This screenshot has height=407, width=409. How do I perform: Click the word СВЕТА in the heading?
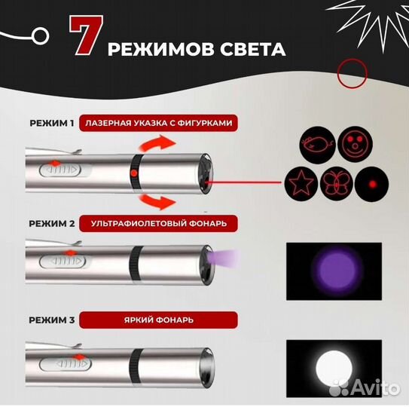click(x=253, y=49)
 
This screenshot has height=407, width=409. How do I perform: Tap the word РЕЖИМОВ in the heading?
click(x=162, y=49)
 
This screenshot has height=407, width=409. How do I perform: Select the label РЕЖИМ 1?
click(x=52, y=123)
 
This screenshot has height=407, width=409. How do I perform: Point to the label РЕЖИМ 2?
click(x=52, y=223)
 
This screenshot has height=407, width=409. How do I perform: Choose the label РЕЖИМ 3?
click(x=52, y=320)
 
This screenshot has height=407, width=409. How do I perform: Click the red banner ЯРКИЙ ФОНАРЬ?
click(x=159, y=320)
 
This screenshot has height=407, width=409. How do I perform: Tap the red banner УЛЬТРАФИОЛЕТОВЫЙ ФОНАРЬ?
click(x=159, y=223)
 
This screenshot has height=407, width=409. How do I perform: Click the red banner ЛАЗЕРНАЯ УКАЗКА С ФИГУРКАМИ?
click(x=159, y=123)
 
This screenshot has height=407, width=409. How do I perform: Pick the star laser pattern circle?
click(x=301, y=184)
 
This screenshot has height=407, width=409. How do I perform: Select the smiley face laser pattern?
click(x=355, y=144)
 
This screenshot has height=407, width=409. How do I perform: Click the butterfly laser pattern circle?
click(x=337, y=184)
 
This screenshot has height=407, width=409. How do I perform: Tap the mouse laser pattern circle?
click(x=317, y=144)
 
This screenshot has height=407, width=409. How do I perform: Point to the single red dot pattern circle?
click(x=371, y=184)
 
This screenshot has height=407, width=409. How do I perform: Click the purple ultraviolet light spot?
click(x=337, y=270)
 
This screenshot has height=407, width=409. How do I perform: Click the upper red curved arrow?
click(x=158, y=144)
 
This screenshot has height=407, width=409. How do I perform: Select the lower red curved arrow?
click(x=157, y=200)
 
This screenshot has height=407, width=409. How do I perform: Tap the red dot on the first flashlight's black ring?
click(x=134, y=173)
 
